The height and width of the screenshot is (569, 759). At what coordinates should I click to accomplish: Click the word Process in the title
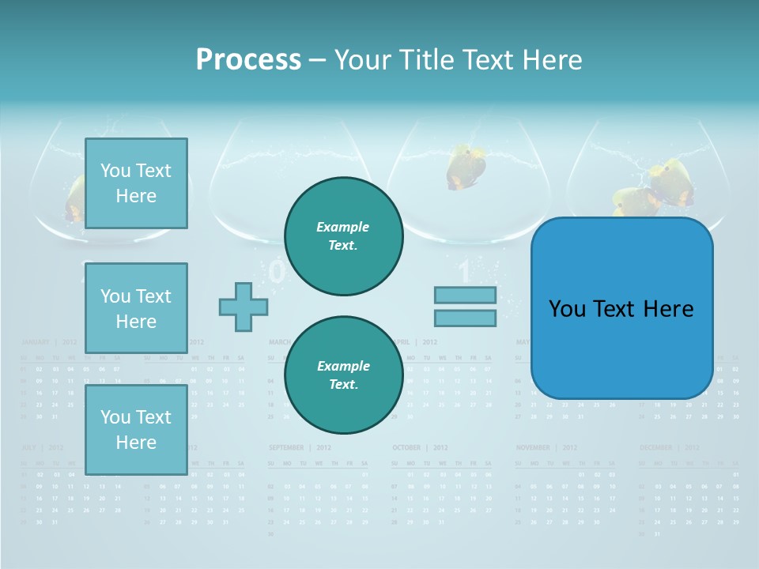point(248,59)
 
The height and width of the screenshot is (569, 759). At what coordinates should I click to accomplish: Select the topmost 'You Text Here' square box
point(136,183)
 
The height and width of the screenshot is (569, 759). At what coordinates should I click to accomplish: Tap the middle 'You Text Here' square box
point(136,308)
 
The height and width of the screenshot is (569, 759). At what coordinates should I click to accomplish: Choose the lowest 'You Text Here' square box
point(136,429)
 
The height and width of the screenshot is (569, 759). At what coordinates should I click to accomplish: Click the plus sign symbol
point(243,307)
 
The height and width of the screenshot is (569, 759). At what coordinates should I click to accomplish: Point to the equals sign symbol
point(465,307)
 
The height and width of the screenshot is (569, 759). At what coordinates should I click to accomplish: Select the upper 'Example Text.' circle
point(343,236)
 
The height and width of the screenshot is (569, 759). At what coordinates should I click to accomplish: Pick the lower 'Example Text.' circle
point(343,375)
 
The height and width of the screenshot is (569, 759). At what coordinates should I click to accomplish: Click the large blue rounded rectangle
point(622,308)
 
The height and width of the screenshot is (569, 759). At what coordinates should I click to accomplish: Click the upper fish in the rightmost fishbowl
point(672,181)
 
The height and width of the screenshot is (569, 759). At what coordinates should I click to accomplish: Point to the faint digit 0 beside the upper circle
point(277,272)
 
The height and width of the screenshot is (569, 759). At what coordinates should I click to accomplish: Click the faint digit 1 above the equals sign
point(465,273)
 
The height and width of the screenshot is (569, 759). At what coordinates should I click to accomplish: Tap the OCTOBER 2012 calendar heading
point(419,447)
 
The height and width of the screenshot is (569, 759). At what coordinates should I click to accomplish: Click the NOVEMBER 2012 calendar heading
point(546,447)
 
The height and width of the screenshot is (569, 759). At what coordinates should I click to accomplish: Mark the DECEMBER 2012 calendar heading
point(669,447)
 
